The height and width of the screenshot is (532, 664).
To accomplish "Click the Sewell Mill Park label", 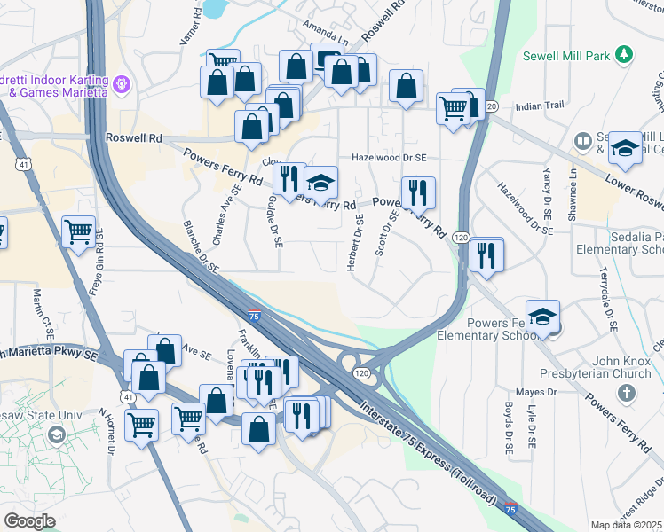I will click(x=573, y=56).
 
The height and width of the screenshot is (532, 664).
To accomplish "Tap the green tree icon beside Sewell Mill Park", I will click(x=624, y=55).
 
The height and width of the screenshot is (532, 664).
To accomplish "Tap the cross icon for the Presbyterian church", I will click(x=627, y=392).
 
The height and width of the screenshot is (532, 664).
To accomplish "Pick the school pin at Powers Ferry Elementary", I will click(x=543, y=317).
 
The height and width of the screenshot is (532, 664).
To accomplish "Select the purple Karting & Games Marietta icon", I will click(x=122, y=85).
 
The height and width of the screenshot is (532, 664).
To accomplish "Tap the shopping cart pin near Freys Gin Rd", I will click(x=78, y=232).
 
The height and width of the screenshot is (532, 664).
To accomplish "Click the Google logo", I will click(x=29, y=520).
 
